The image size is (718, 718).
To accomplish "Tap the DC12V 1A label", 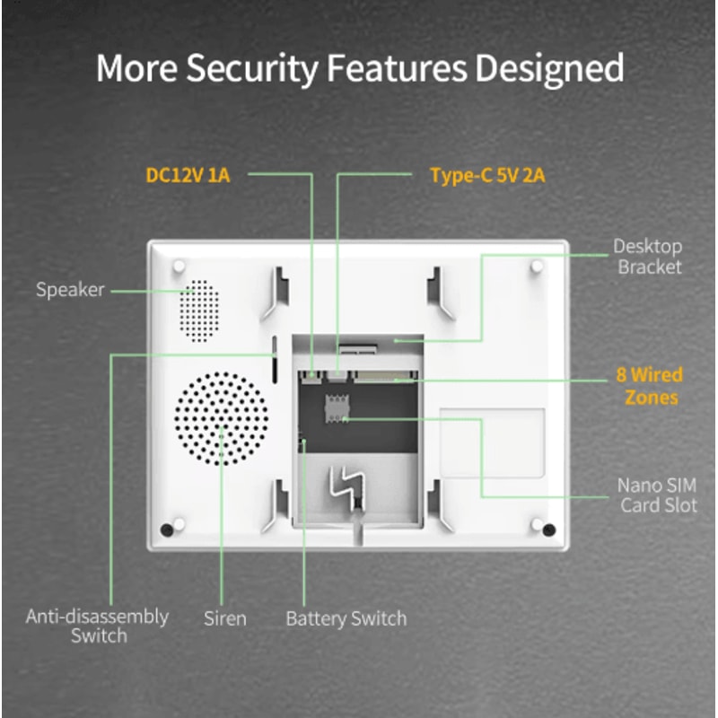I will [x=188, y=175].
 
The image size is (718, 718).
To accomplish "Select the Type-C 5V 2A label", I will [x=487, y=175].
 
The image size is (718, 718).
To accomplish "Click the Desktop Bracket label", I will [x=648, y=256].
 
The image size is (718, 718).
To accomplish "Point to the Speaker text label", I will [x=70, y=290].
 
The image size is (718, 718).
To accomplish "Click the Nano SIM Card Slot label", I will [x=657, y=495].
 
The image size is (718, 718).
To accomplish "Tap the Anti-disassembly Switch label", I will [x=97, y=626].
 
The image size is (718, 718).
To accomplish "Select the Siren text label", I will [x=224, y=617].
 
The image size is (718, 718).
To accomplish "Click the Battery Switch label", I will [x=346, y=618].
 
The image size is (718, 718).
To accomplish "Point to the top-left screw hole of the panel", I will [x=179, y=267].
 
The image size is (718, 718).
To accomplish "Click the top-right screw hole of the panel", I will [x=537, y=267].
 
